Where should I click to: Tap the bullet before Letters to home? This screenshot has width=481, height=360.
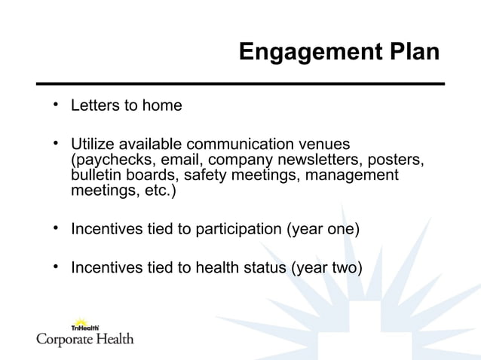point(55,104)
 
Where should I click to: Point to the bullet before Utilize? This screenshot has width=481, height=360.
point(55,142)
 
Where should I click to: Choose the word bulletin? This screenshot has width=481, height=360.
point(93,175)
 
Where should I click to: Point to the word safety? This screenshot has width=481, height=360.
point(198,175)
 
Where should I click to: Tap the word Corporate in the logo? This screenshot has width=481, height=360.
point(66,339)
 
